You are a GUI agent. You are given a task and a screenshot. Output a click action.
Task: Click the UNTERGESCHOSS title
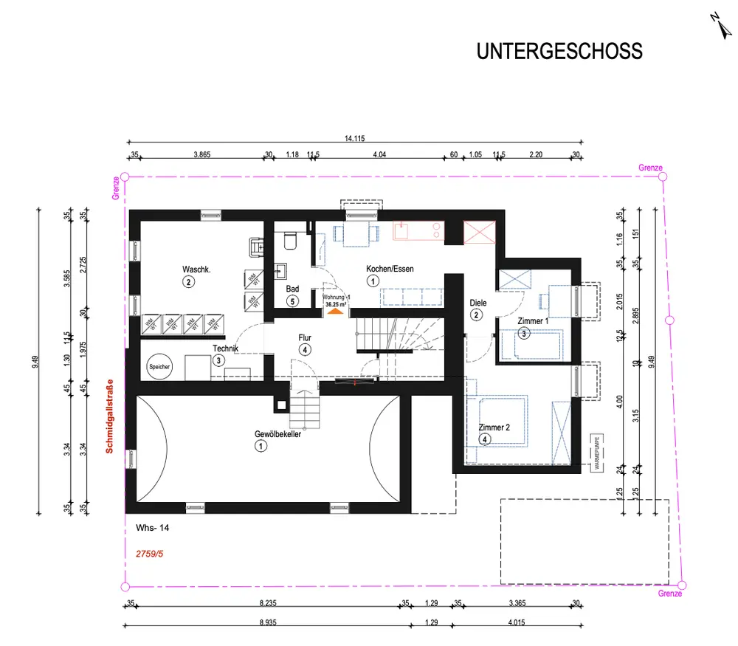tap(559, 52)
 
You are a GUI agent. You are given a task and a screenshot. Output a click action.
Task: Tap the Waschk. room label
tap(196, 269)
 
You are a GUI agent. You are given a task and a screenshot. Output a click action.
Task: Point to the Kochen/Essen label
tap(390, 269)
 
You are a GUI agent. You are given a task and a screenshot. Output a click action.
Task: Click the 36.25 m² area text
tap(335, 303)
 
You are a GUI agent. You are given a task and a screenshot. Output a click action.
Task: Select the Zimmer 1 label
tap(534, 321)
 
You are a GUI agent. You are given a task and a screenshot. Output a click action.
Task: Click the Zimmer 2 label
tap(494, 427)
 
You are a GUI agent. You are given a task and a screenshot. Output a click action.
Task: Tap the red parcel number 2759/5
tap(151, 551)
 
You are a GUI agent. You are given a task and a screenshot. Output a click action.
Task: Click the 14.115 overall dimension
tap(355, 138)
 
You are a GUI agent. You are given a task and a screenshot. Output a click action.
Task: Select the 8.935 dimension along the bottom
tap(269, 623)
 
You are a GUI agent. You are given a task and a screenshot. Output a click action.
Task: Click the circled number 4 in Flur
tap(305, 349)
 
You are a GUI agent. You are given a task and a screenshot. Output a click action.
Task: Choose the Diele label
tap(477, 303)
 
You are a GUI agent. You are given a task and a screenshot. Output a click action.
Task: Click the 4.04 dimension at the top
tap(380, 155)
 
